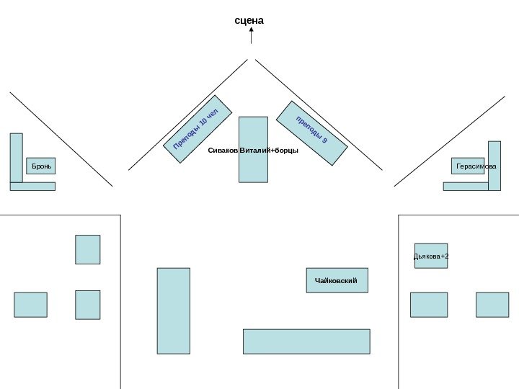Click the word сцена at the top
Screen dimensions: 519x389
249,21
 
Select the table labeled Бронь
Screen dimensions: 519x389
40,166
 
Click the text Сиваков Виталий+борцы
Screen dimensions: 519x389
252,151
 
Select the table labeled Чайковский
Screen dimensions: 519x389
337,280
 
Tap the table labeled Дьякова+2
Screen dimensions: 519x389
431,256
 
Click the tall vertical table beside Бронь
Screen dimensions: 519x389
16,158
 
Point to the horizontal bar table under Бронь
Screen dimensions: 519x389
32,187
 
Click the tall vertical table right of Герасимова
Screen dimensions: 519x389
494,166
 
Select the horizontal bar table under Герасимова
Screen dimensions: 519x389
465,187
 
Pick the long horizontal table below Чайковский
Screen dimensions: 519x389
306,341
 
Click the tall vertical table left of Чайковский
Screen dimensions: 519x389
174,310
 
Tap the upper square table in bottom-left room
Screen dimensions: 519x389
87,249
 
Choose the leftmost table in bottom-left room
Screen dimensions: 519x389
30,305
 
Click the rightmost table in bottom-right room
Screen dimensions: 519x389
492,305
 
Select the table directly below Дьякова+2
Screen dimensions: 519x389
429,305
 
